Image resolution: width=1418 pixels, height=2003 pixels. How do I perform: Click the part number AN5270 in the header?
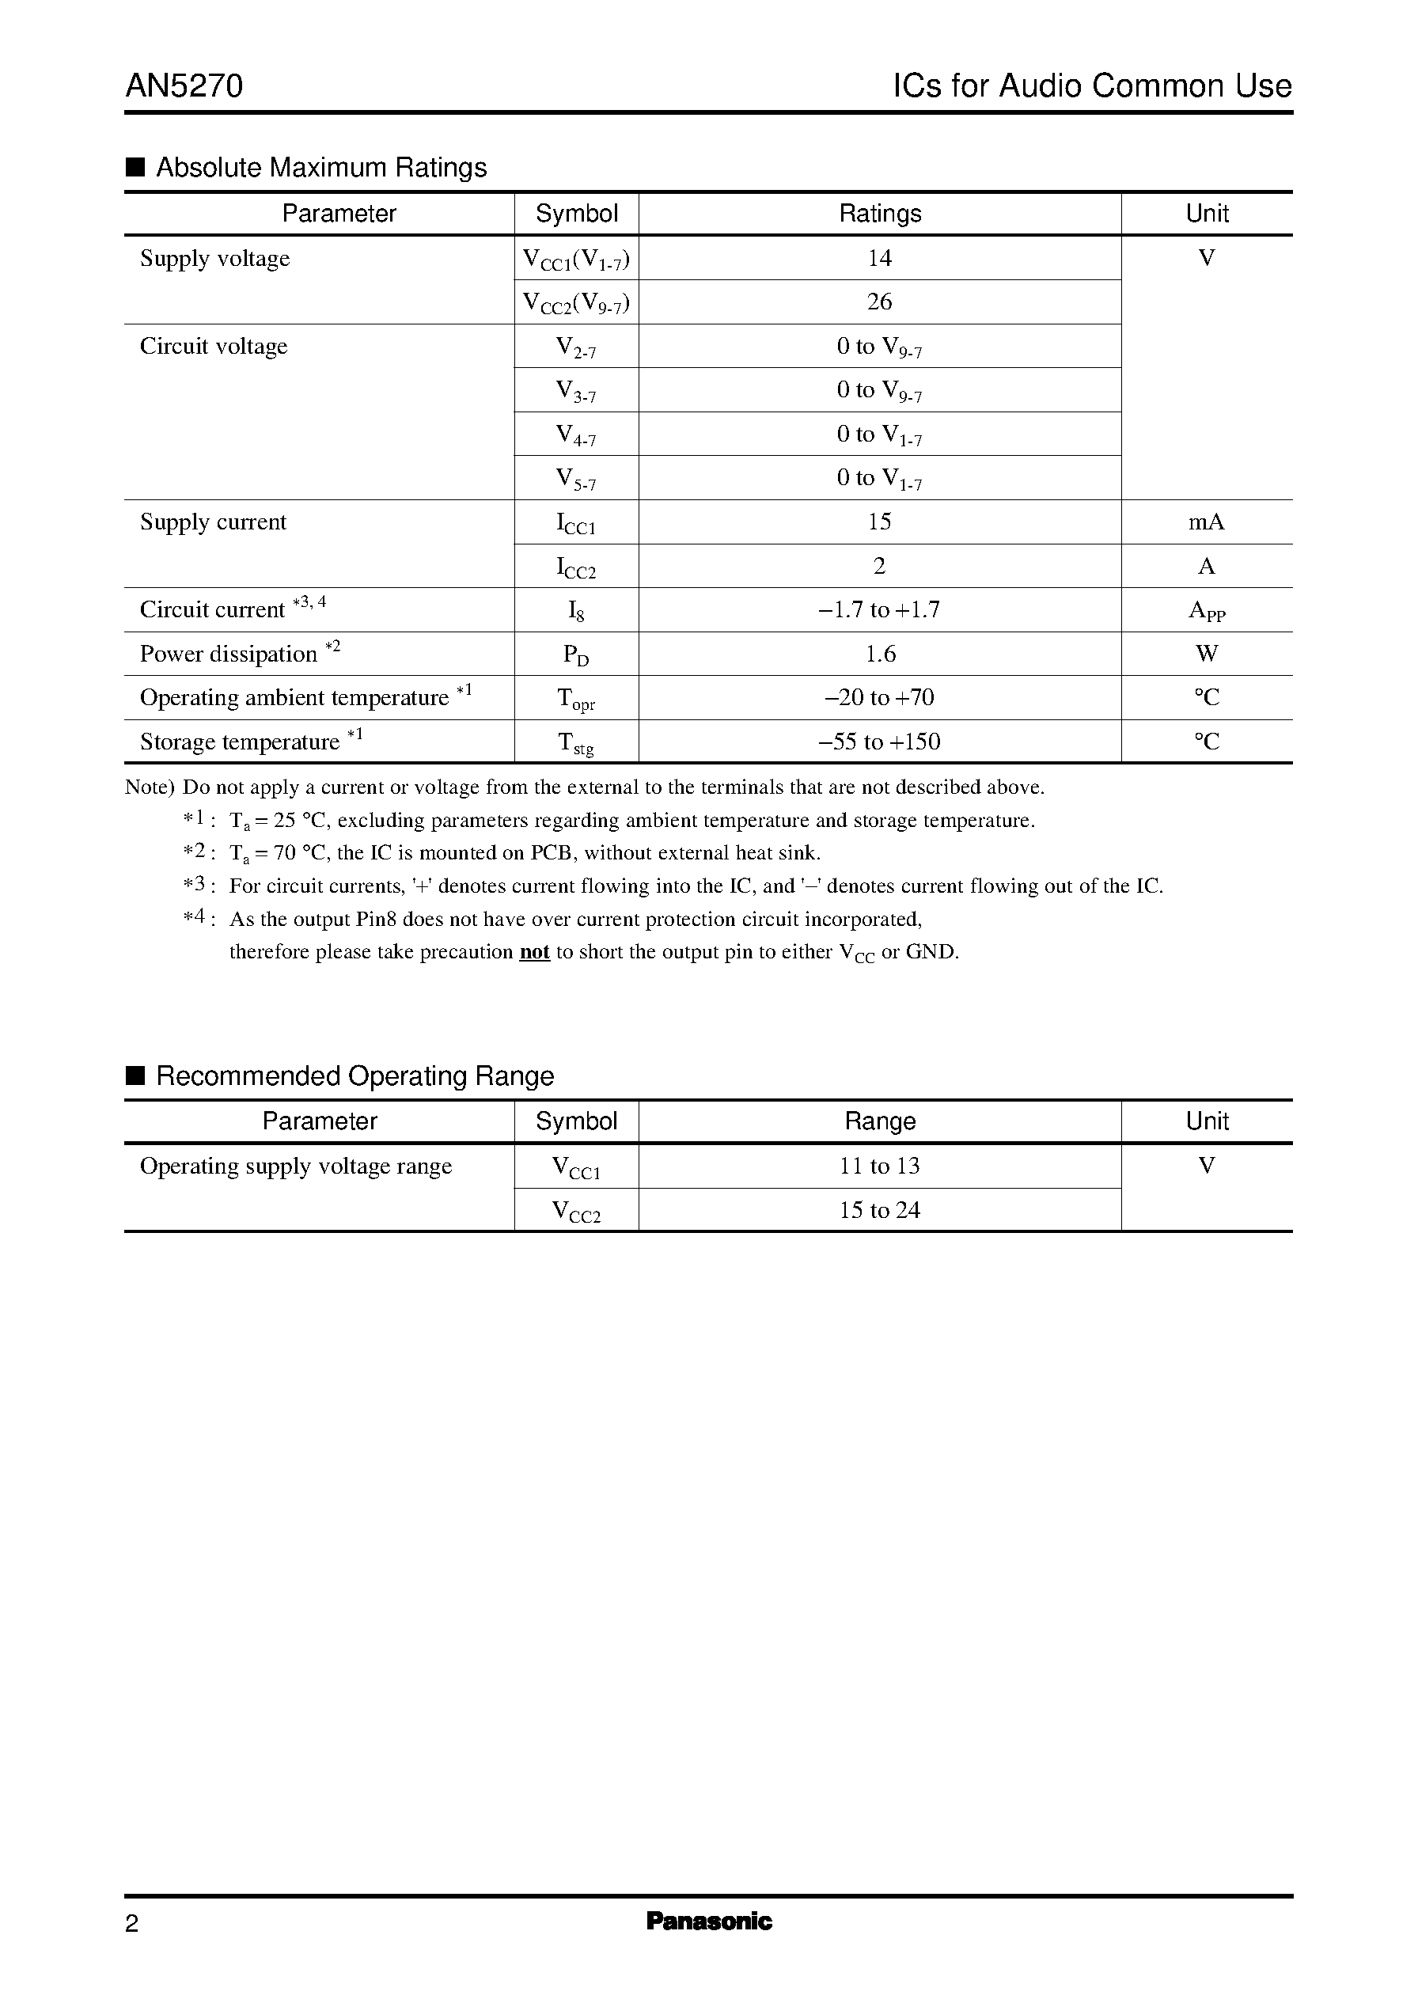coord(184,86)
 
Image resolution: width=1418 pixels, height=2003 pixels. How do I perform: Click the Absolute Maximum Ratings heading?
coord(320,168)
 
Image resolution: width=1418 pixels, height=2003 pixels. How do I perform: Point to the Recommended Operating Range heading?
coord(354,1075)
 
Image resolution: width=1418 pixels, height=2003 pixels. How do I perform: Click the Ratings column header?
coord(879,214)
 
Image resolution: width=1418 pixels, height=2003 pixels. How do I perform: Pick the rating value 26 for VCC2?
coord(879,302)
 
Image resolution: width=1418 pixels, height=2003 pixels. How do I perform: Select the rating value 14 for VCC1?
coord(879,259)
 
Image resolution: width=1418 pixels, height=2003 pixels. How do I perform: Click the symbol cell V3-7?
coord(575,390)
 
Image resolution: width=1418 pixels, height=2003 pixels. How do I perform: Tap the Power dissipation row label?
coord(229,654)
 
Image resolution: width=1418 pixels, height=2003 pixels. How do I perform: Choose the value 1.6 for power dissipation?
coord(879,654)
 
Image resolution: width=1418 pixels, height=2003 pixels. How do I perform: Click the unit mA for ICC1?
coord(1206,522)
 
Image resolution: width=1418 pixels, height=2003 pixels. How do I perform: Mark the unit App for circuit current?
coord(1206,610)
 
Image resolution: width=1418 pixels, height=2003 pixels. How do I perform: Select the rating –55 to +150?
coord(879,742)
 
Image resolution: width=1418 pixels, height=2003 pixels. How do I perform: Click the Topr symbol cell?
coord(575,699)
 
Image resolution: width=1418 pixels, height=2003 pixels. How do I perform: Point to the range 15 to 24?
coord(879,1210)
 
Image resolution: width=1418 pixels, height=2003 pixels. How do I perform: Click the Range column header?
coord(879,1121)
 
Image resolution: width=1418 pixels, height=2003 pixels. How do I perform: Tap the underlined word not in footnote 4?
coord(533,952)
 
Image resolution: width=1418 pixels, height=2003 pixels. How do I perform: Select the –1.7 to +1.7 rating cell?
coord(879,610)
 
